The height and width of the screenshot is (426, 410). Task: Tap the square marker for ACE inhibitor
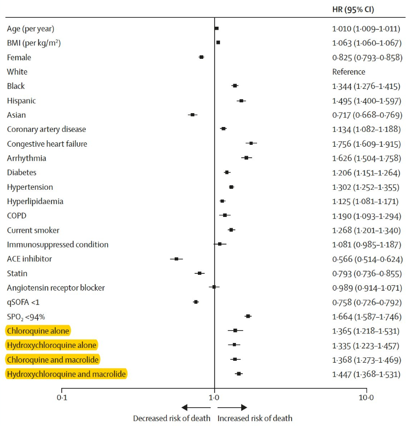tap(176, 258)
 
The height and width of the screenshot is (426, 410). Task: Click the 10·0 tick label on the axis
tap(366, 396)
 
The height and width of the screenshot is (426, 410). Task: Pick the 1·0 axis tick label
tap(214, 396)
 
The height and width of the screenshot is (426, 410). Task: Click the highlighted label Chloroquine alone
tap(38, 331)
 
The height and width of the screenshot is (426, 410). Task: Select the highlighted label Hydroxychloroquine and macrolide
tap(66, 374)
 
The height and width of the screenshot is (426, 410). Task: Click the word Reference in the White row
tap(349, 72)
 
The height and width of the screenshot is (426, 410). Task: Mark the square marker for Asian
tap(192, 115)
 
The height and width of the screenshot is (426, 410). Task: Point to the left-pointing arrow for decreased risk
tap(189, 407)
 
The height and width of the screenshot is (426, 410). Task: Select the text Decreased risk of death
tap(172, 418)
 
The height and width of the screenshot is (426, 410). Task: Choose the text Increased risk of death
tap(255, 418)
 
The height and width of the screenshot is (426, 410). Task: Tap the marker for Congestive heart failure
tap(251, 143)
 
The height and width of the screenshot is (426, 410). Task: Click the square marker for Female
tap(201, 57)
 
